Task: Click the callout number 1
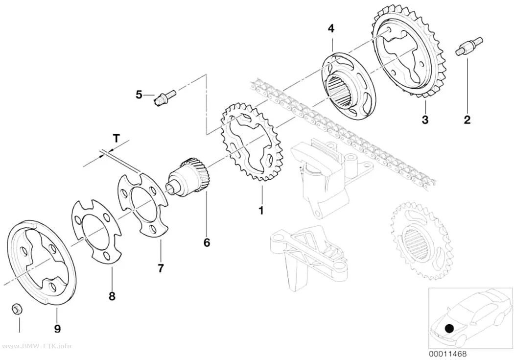coord(261,211)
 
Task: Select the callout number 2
coord(467,120)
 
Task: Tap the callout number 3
coord(425,120)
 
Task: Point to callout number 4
coord(331,28)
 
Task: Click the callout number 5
coord(140,95)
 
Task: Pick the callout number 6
coord(207,242)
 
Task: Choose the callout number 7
coord(160,268)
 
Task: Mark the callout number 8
coord(112,296)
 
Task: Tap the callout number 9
coord(57,329)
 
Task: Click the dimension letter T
coord(117,138)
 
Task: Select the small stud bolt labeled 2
coord(469,47)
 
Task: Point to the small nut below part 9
coord(15,309)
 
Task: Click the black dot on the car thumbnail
coord(449,328)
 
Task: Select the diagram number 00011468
coord(447,354)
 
